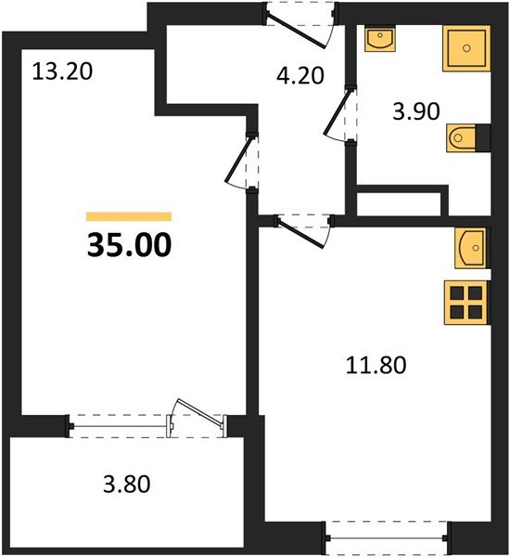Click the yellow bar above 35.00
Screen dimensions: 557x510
coord(129,216)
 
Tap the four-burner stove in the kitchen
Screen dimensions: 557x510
coord(465,302)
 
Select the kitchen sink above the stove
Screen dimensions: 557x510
coord(472,248)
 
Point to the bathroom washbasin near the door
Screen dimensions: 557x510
coord(379,40)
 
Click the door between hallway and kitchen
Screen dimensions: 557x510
coord(302,229)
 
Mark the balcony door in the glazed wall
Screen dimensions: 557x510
coord(197,417)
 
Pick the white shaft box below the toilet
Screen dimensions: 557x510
coord(398,201)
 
